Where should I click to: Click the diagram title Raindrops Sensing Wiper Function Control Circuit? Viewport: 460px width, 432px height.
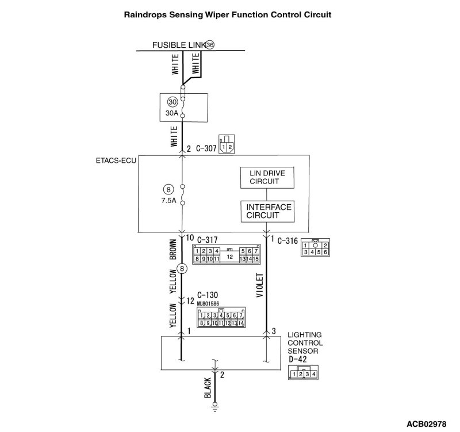point(228,14)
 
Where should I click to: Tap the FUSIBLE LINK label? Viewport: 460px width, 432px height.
point(178,45)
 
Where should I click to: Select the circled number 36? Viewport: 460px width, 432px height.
point(209,45)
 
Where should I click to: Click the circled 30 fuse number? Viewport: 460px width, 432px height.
point(172,102)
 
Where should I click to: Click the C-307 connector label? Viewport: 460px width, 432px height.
point(203,148)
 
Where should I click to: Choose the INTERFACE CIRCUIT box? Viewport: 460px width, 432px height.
point(269,211)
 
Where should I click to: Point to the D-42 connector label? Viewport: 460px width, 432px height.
point(297,360)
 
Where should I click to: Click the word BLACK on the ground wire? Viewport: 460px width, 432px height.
point(208,388)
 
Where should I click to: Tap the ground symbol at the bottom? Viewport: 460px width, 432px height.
point(214,408)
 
